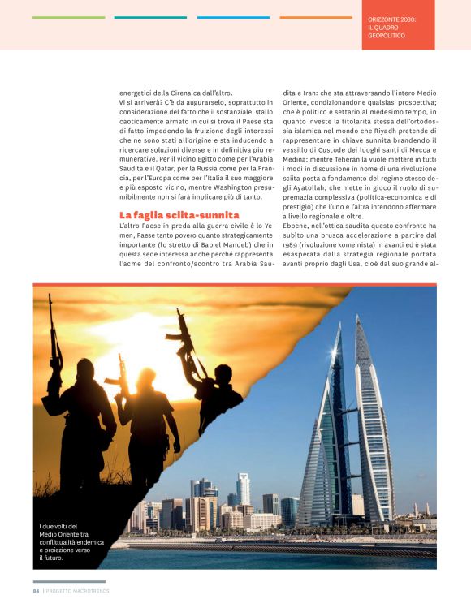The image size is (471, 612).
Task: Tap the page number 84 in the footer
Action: click(x=36, y=590)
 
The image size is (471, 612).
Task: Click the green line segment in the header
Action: click(x=69, y=17)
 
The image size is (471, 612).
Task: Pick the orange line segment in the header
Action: click(x=316, y=17)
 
